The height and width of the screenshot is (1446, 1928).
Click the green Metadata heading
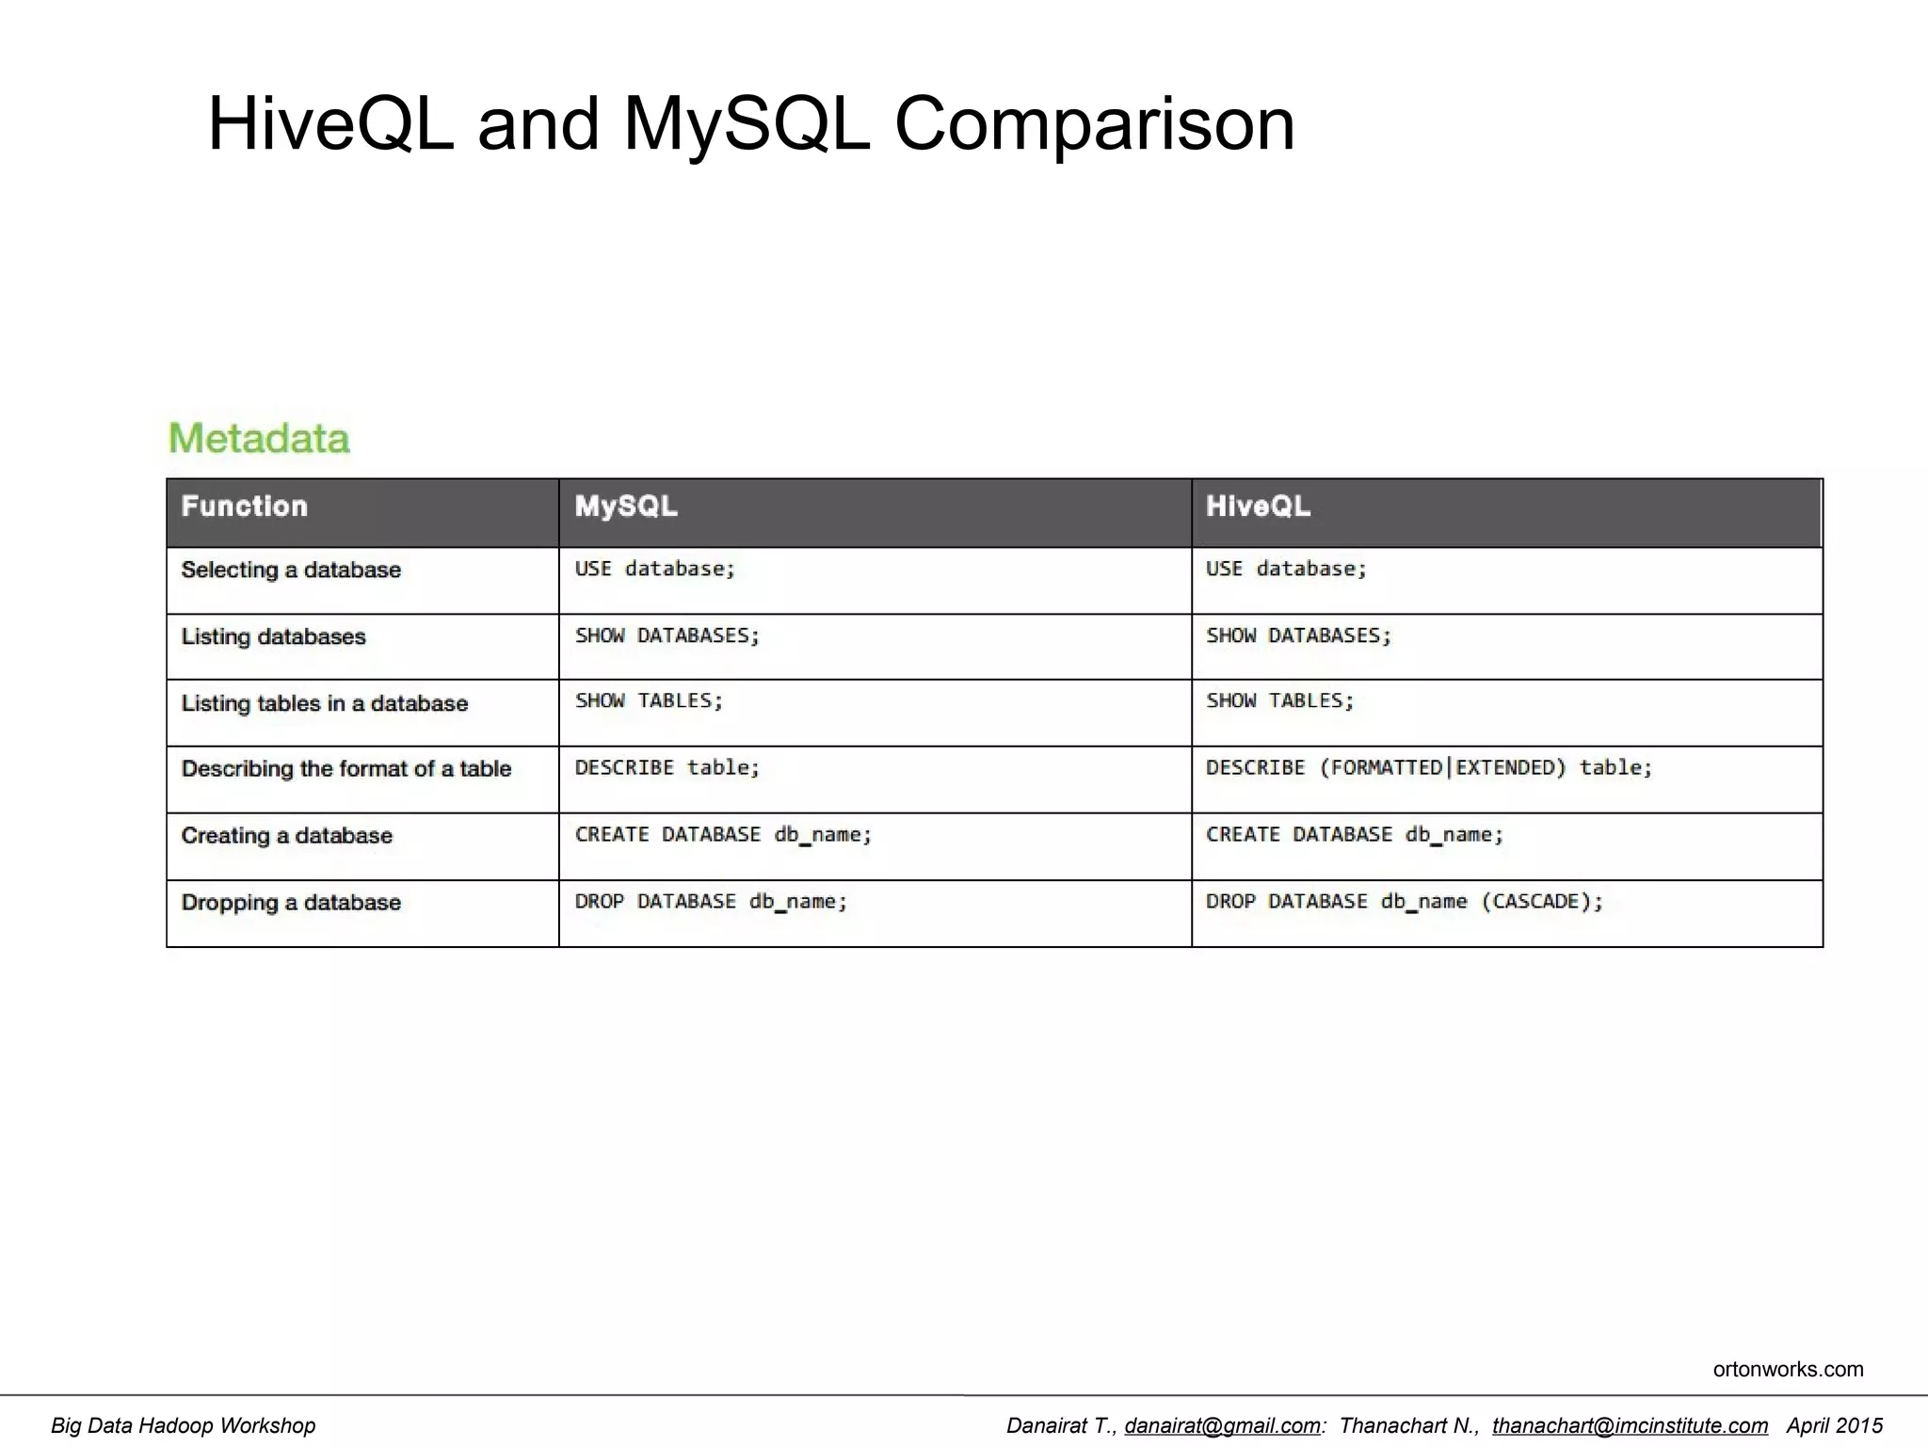259,439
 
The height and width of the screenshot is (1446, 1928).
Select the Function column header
245,506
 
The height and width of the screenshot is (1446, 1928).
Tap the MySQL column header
626,506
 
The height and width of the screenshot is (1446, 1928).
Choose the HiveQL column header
1258,506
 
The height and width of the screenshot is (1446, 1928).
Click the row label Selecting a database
291,570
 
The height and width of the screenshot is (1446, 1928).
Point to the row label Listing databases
273,636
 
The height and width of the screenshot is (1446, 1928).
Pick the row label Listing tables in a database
324,703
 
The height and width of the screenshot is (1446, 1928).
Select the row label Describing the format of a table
345,769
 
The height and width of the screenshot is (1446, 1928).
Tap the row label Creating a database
286,836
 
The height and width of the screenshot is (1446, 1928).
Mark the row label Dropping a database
291,903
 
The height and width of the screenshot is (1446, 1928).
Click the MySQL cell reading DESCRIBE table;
667,768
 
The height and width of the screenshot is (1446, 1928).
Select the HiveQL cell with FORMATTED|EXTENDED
1428,768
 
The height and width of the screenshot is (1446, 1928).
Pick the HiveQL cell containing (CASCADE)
1404,902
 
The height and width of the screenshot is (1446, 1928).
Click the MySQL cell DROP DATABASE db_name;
711,902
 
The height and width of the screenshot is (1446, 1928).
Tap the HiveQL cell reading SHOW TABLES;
1279,701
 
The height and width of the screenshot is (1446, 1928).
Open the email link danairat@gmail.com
1222,1425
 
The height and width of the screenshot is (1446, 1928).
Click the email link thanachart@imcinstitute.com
1630,1425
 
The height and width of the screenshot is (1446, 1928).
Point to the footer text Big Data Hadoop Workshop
184,1425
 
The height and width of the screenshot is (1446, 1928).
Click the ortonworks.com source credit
1788,1369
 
